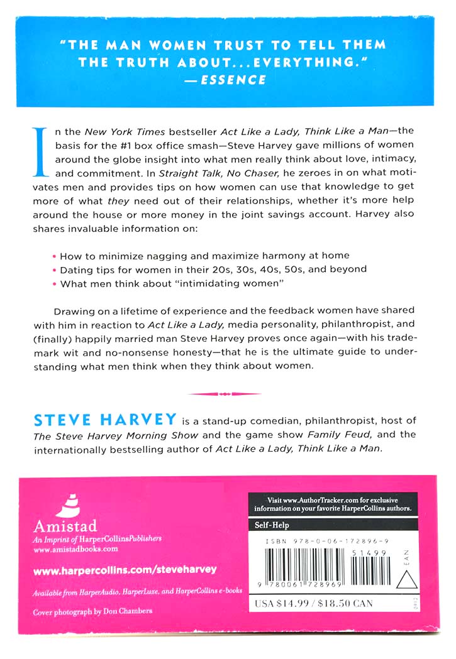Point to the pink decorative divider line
pyautogui.click(x=225, y=394)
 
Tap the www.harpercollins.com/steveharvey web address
pyautogui.click(x=124, y=569)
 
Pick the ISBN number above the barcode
pyautogui.click(x=327, y=539)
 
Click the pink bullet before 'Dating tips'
pyautogui.click(x=55, y=270)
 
